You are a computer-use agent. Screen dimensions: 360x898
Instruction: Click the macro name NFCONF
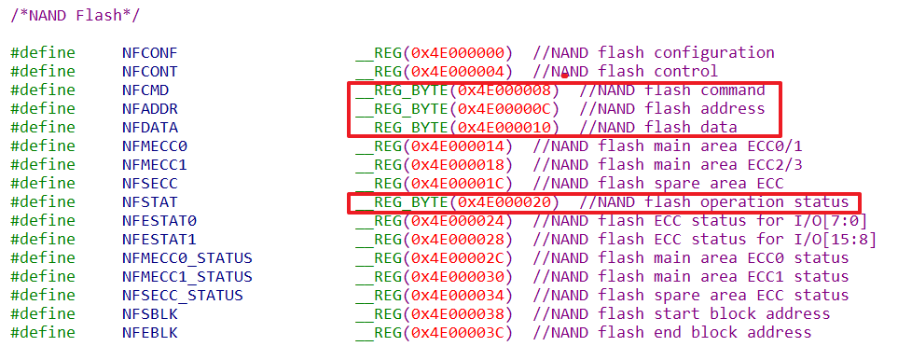(149, 53)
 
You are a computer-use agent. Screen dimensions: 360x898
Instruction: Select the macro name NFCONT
(149, 72)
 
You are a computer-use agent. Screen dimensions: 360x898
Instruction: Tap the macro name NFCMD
(145, 90)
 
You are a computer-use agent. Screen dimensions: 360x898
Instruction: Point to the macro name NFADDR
(149, 109)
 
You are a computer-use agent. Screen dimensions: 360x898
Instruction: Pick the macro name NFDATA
(149, 128)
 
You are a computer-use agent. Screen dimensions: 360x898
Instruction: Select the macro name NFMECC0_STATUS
(187, 258)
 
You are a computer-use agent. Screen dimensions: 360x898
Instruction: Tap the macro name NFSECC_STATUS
(182, 296)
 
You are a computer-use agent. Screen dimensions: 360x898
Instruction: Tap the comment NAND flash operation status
(723, 202)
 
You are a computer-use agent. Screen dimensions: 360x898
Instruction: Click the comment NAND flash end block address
(681, 333)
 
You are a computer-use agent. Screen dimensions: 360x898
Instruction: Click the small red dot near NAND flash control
(564, 75)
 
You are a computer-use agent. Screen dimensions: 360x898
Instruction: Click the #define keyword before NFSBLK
(43, 314)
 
